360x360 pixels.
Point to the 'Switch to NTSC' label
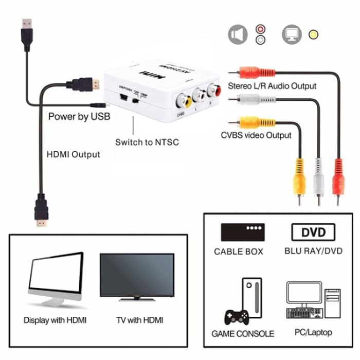pyautogui.click(x=147, y=142)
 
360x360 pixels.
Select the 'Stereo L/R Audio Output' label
pyautogui.click(x=272, y=86)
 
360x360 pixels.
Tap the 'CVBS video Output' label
pyautogui.click(x=256, y=135)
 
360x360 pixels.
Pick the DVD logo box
pyautogui.click(x=313, y=232)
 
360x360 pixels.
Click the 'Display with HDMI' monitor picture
pyautogui.click(x=56, y=278)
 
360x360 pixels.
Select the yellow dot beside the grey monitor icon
pyautogui.click(x=312, y=35)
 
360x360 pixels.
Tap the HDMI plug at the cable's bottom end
pyautogui.click(x=42, y=211)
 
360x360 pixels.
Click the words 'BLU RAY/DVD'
pyautogui.click(x=313, y=251)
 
